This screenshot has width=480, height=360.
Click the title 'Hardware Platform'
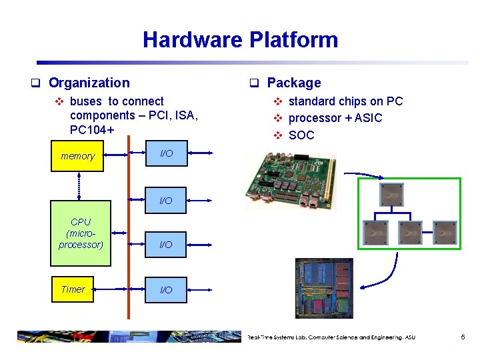[x=240, y=40]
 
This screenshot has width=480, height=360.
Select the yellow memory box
[x=78, y=156]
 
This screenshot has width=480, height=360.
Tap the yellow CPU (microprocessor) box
[x=80, y=233]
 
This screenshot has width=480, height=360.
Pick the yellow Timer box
[x=73, y=289]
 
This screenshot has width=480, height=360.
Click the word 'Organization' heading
[x=89, y=83]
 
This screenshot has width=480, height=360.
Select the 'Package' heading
[x=293, y=83]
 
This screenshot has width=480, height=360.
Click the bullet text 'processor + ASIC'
[x=335, y=118]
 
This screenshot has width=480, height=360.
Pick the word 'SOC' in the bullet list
[x=301, y=135]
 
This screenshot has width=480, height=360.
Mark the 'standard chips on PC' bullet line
[x=345, y=101]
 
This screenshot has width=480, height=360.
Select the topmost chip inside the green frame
[x=391, y=194]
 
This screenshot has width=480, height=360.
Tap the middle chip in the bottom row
[x=410, y=232]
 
